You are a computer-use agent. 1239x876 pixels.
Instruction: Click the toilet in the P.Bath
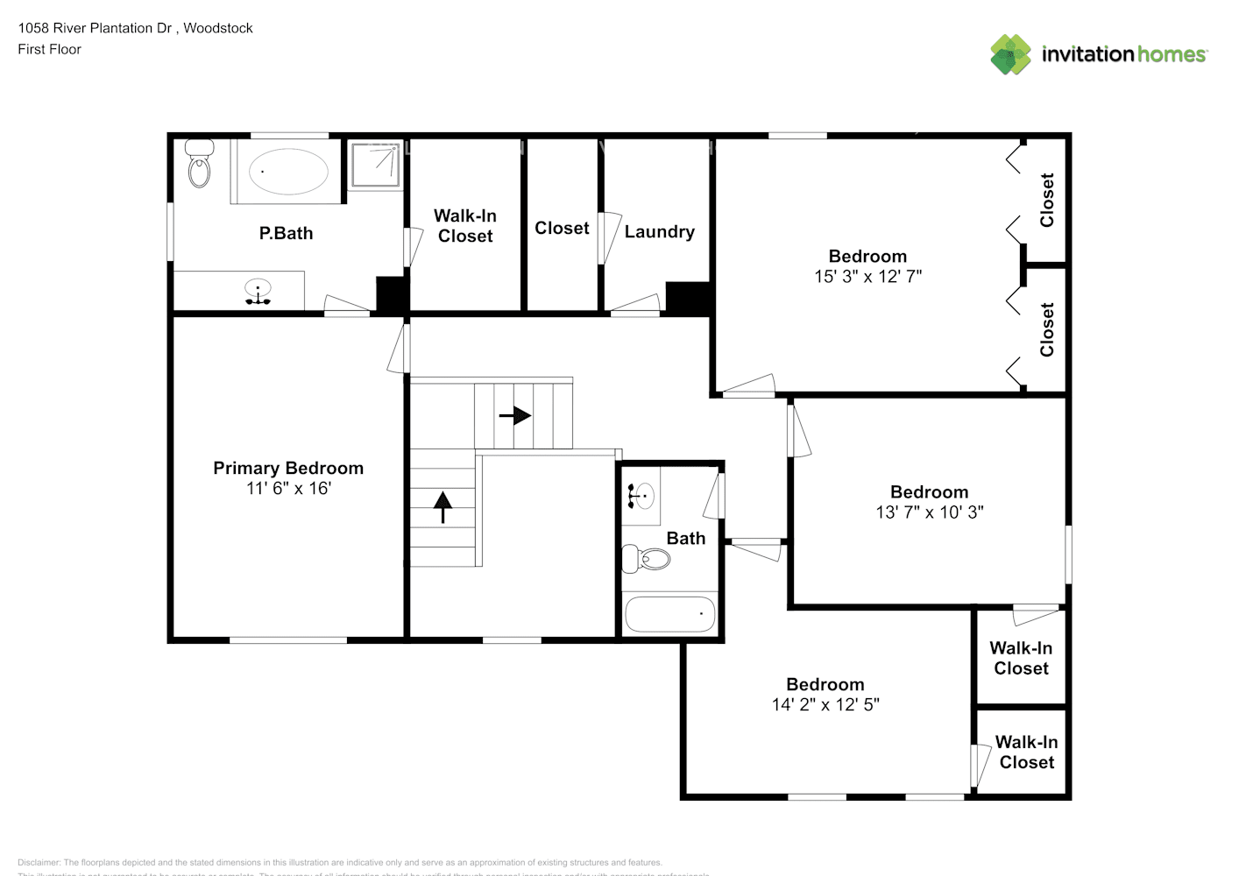click(200, 166)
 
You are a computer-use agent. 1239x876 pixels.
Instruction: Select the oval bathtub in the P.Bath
click(288, 172)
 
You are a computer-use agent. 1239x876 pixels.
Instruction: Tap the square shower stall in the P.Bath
click(376, 166)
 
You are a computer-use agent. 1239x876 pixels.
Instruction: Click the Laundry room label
click(659, 231)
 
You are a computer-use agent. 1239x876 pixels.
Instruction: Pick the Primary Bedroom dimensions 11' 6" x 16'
click(288, 489)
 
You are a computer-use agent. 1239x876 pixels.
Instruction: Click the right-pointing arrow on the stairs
click(515, 415)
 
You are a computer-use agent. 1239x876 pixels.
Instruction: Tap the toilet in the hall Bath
click(645, 558)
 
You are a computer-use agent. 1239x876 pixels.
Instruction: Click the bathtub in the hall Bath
click(669, 614)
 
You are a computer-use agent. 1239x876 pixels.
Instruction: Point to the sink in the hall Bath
click(640, 497)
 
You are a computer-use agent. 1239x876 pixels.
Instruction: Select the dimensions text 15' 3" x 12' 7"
click(867, 277)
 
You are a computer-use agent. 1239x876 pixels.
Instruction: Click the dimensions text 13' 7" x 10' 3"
click(929, 512)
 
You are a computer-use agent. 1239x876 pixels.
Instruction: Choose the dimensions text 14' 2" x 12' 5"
click(825, 704)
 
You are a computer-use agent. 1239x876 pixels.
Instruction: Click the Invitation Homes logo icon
click(1010, 54)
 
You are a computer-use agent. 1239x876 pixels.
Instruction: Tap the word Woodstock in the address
click(218, 28)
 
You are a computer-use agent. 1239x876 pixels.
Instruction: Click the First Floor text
click(49, 49)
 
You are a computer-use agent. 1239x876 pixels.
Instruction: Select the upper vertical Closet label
click(1047, 200)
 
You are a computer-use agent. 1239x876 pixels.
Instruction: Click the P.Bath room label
click(286, 233)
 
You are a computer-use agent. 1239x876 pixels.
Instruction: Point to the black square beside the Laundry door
click(687, 297)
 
